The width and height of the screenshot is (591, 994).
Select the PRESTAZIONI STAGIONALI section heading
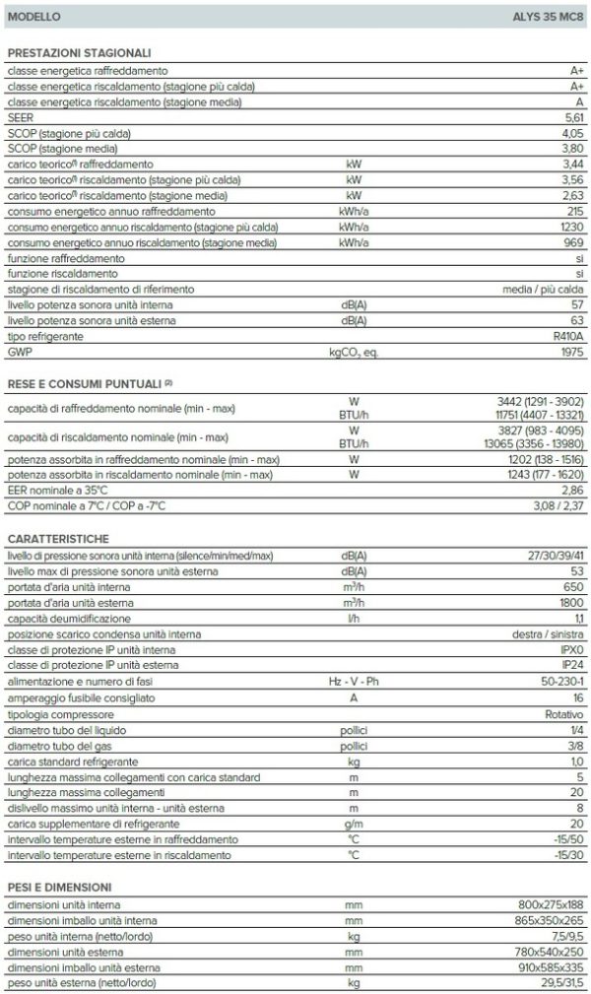[79, 53]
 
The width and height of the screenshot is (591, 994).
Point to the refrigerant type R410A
[565, 337]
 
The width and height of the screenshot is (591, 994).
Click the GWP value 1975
[570, 352]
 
